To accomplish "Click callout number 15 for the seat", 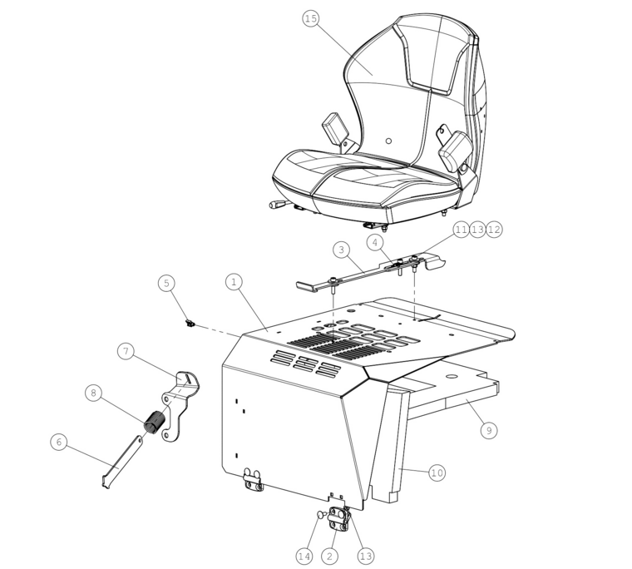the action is (x=311, y=18).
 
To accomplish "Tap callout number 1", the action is (x=235, y=282).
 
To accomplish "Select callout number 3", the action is (x=342, y=250).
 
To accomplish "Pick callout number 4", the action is (x=375, y=243).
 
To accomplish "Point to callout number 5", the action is (x=166, y=283).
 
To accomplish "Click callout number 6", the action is (x=59, y=442).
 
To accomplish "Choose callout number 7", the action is (x=126, y=351).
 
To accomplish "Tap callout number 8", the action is (x=93, y=393).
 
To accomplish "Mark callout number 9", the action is (x=489, y=430).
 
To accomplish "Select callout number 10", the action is (x=437, y=473).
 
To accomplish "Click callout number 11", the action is (x=461, y=230).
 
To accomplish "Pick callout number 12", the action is (x=494, y=230).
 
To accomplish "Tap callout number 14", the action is (x=304, y=557).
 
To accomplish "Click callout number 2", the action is (x=329, y=557).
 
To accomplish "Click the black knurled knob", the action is (x=156, y=422).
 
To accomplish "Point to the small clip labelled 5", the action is (x=189, y=323).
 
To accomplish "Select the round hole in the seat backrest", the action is (x=388, y=141).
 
